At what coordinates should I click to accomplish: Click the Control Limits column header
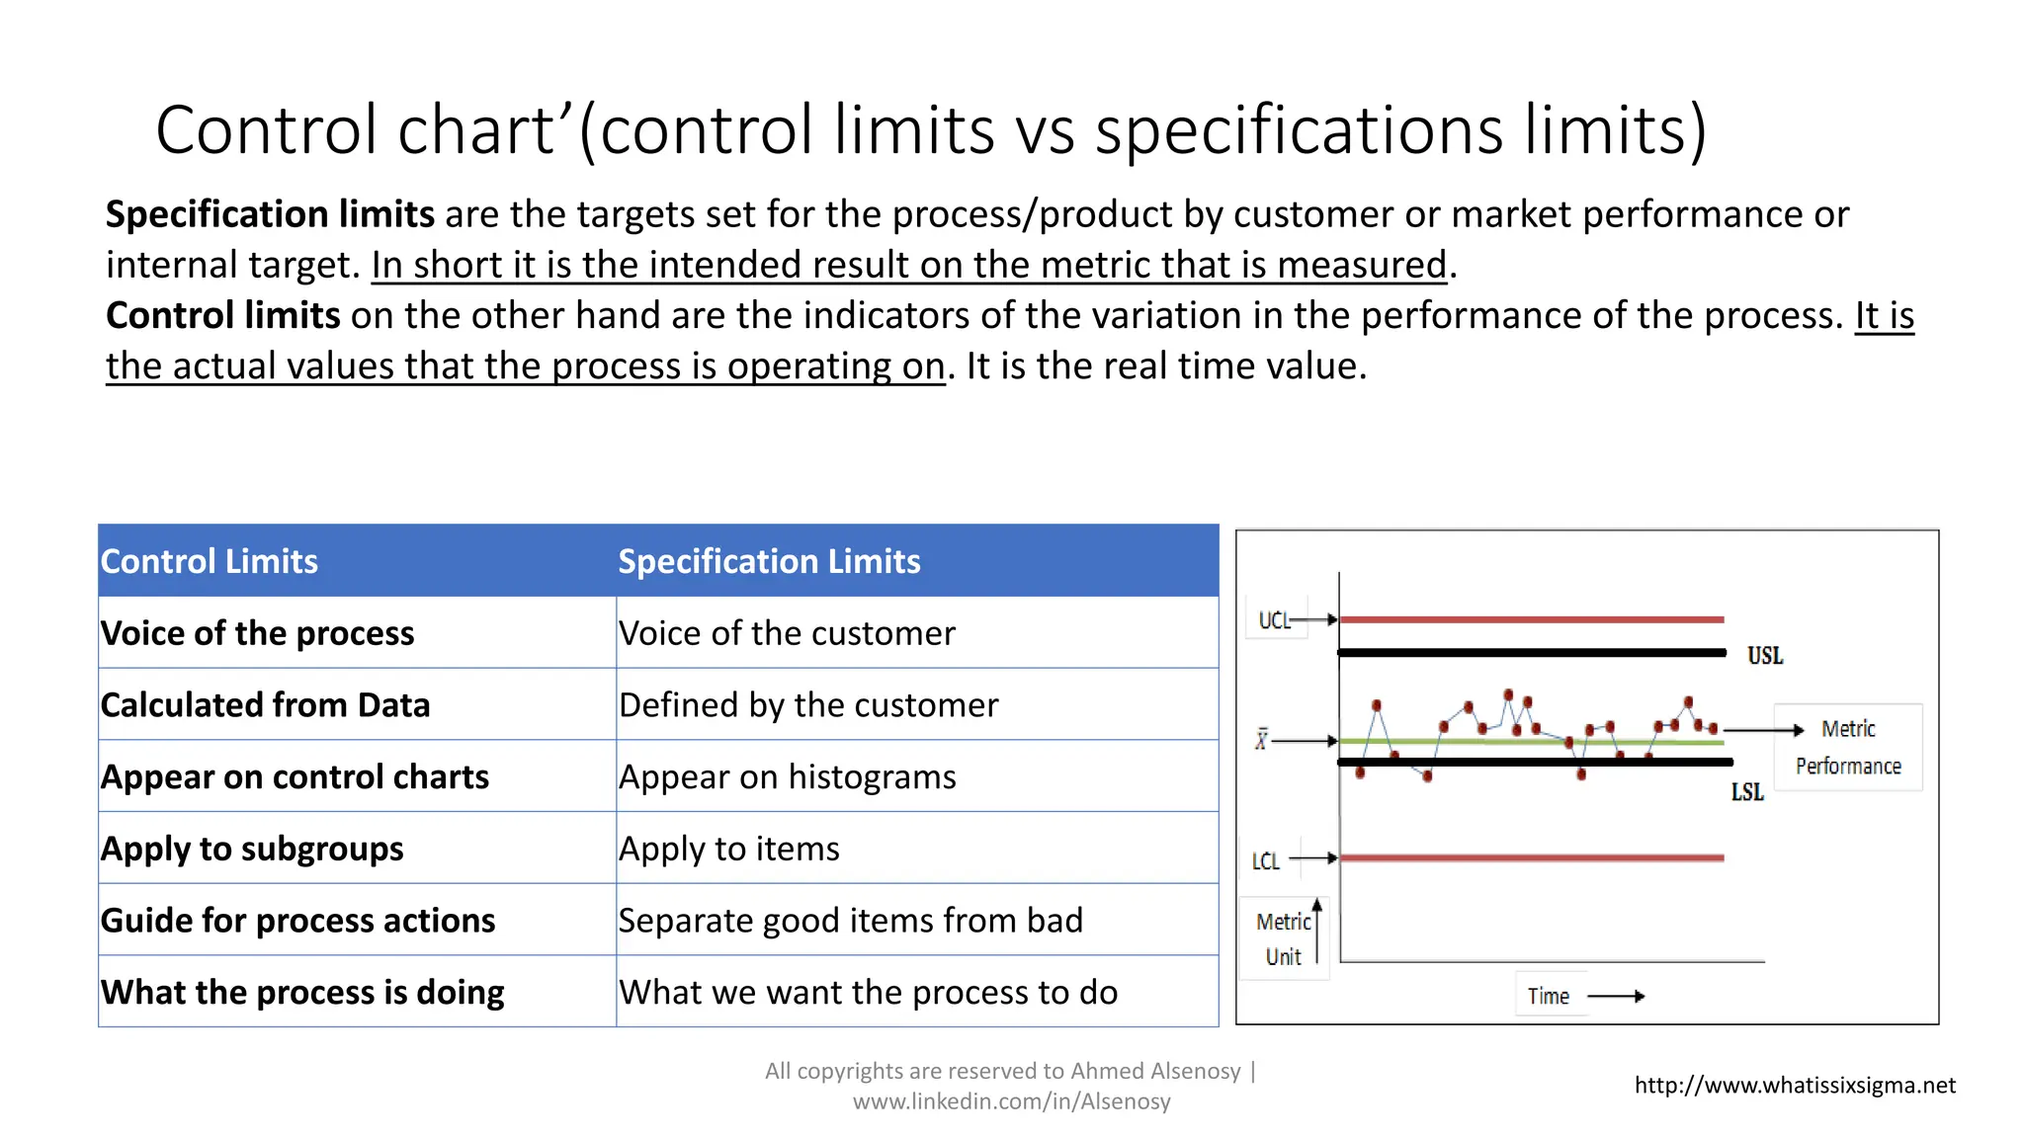point(210,561)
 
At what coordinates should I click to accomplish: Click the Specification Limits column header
point(769,561)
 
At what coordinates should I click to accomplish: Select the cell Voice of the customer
point(787,633)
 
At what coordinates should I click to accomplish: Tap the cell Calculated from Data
point(265,705)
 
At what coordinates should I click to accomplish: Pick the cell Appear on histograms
point(787,777)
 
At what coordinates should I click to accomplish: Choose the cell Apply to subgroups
point(252,849)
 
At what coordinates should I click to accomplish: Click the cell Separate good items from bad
point(850,921)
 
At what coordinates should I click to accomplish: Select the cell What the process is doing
point(302,992)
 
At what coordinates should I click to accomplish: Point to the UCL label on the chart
point(1274,620)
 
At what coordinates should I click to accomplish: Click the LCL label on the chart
point(1265,861)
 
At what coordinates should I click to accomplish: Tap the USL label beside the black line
point(1764,656)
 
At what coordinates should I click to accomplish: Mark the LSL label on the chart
point(1746,792)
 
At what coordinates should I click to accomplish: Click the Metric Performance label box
point(1847,747)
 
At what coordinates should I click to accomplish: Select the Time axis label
point(1548,996)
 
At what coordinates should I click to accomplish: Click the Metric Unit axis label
point(1283,938)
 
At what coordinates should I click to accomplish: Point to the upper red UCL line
point(1532,619)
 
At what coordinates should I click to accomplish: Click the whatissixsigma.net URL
point(1794,1086)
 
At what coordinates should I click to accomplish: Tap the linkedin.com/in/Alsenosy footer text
point(1011,1101)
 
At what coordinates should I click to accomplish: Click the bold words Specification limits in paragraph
point(270,214)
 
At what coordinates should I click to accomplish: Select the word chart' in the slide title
point(484,130)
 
